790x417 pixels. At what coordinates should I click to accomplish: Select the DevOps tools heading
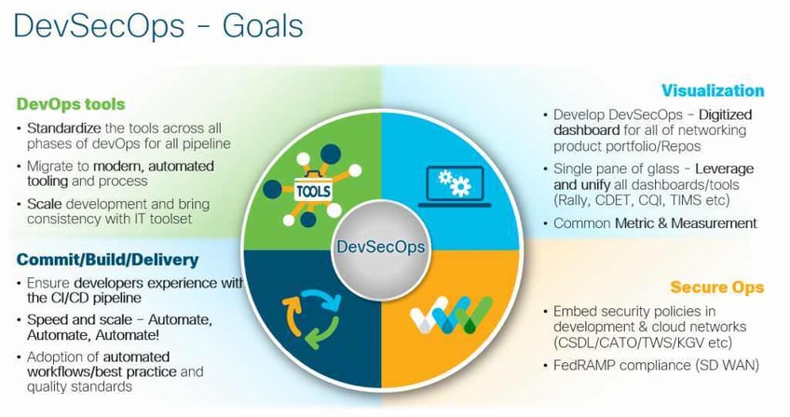[x=70, y=103]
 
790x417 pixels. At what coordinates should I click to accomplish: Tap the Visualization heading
[x=713, y=90]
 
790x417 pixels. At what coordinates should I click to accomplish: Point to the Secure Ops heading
[x=717, y=288]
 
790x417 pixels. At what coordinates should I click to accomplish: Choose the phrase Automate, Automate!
[x=76, y=335]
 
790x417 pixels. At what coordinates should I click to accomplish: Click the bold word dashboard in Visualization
[x=589, y=130]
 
